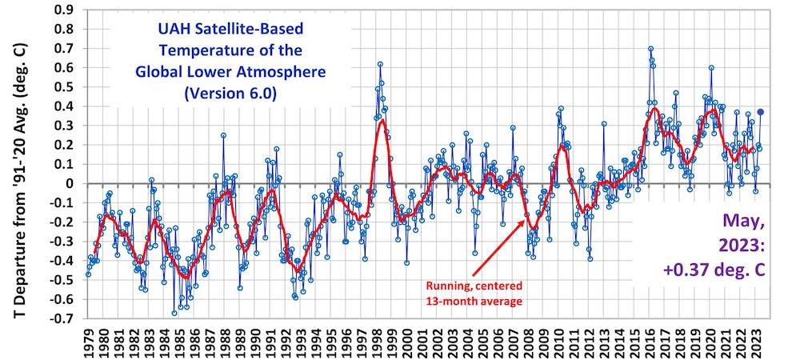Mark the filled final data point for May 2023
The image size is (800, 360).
click(761, 112)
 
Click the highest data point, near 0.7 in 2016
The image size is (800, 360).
click(650, 49)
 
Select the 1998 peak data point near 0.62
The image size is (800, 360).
click(380, 64)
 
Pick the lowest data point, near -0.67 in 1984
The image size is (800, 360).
click(174, 313)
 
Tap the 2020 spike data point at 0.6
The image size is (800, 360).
click(711, 68)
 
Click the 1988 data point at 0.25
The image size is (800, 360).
click(223, 135)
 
